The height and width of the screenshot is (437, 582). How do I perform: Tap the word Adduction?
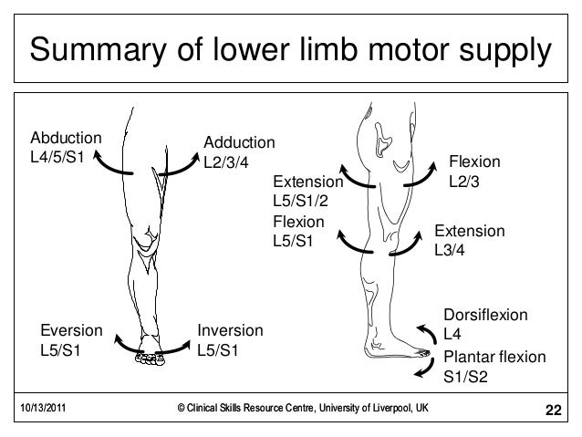[x=239, y=143]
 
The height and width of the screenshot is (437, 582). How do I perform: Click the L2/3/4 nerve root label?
[x=228, y=161]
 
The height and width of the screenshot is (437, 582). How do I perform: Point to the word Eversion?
[x=70, y=330]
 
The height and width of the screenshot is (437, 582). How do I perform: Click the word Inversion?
[x=230, y=330]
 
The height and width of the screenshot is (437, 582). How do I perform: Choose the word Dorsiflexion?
[x=485, y=315]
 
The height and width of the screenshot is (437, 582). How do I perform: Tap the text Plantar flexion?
[x=494, y=357]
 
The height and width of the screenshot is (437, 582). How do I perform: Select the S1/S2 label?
[x=465, y=375]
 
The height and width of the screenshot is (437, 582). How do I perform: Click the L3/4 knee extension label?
[x=454, y=250]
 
